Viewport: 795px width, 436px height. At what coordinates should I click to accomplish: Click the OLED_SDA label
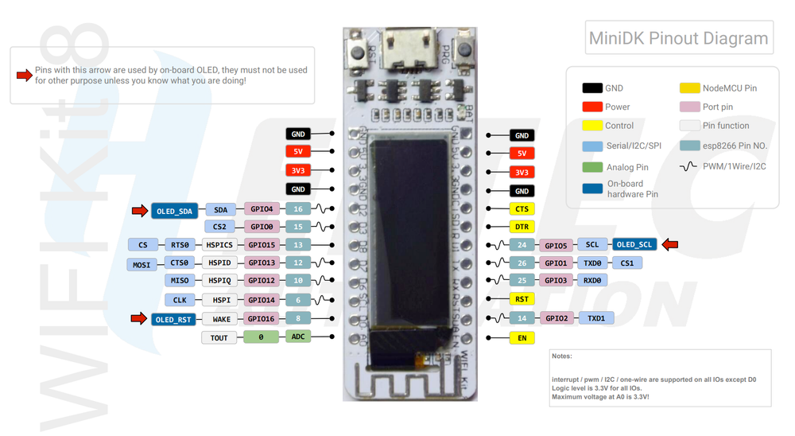click(x=174, y=210)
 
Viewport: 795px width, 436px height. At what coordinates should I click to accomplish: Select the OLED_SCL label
click(x=635, y=244)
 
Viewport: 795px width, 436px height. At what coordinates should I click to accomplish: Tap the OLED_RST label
click(x=173, y=320)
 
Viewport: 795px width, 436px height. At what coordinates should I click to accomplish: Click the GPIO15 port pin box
click(x=261, y=245)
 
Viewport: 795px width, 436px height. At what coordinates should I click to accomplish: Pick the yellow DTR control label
click(x=522, y=228)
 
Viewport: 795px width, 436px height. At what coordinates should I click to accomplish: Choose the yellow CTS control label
click(x=522, y=209)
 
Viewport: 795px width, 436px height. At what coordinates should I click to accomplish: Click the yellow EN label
click(x=522, y=337)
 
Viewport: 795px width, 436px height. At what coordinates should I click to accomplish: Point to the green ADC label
click(x=298, y=337)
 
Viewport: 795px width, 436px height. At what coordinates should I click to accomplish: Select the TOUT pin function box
click(x=219, y=337)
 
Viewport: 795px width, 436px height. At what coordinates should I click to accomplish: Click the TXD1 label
click(x=596, y=317)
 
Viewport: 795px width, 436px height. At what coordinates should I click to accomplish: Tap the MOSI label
click(x=142, y=264)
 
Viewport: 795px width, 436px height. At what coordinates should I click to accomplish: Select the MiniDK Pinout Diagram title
click(x=678, y=38)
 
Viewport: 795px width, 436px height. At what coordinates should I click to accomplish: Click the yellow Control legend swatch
click(x=592, y=126)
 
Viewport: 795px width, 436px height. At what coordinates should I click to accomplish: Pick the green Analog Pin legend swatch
click(x=592, y=167)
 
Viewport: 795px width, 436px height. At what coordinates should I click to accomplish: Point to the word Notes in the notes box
click(x=562, y=356)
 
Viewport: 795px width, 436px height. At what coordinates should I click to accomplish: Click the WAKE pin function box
click(x=219, y=319)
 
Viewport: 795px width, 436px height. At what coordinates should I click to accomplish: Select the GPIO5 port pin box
click(x=554, y=245)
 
